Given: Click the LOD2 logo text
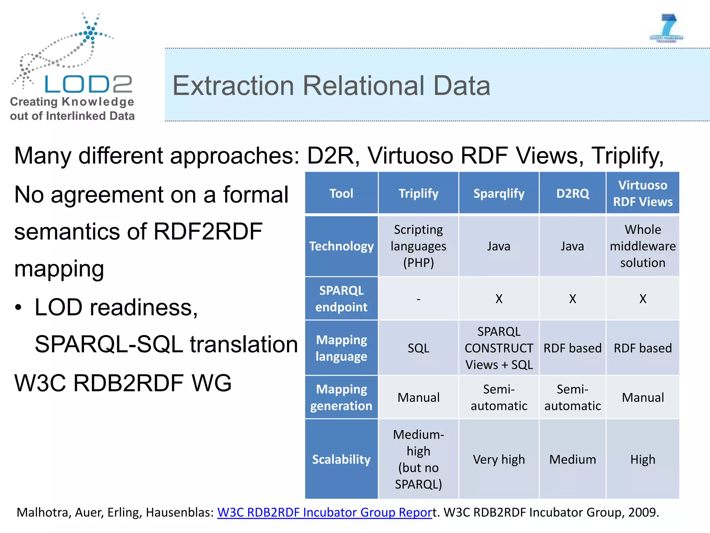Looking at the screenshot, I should click(x=88, y=84).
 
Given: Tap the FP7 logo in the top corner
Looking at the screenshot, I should click(x=666, y=28).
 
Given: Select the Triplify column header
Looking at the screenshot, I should click(x=418, y=193).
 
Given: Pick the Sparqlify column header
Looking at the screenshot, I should click(x=499, y=193).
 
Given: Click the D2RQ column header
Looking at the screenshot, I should click(x=572, y=193).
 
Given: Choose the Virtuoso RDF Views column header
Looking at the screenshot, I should click(x=642, y=193).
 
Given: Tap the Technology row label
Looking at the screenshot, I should click(x=341, y=246).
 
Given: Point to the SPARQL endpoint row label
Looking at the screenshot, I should click(x=341, y=298).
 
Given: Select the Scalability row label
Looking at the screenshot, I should click(x=341, y=459).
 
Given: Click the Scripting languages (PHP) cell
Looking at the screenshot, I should click(x=418, y=246).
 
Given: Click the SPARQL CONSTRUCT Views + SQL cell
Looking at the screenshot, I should click(x=499, y=348).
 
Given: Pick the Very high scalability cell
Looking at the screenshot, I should click(x=499, y=459).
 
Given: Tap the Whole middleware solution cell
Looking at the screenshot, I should click(x=642, y=246).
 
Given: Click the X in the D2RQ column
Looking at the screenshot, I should click(x=572, y=299).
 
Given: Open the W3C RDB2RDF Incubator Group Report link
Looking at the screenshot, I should click(x=324, y=512).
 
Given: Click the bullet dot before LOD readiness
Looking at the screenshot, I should click(x=18, y=307).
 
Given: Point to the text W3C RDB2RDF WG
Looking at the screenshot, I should click(x=123, y=383).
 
